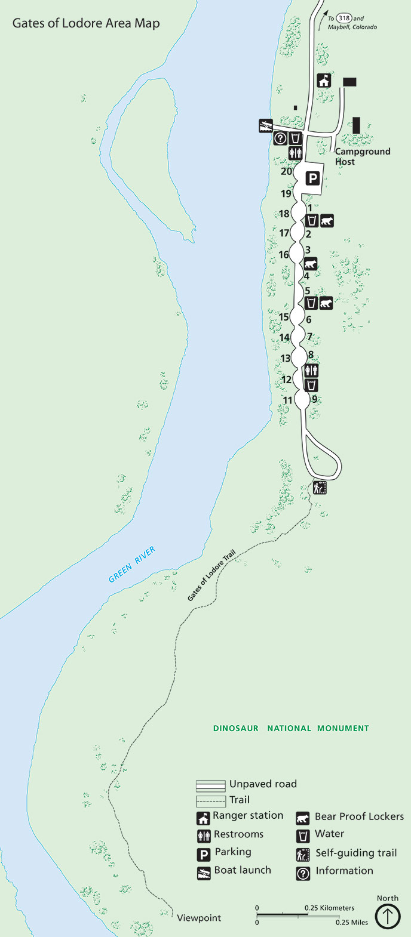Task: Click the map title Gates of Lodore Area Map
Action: click(x=86, y=24)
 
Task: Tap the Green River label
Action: click(x=132, y=565)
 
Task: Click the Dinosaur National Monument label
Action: click(x=291, y=728)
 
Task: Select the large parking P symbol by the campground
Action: click(x=312, y=178)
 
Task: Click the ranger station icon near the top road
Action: click(x=324, y=81)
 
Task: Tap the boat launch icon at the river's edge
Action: click(x=266, y=125)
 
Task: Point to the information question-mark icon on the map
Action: click(x=280, y=139)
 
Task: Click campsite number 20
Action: click(x=286, y=172)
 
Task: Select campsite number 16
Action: click(x=283, y=255)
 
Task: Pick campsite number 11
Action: click(x=288, y=400)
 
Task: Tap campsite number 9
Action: click(x=314, y=399)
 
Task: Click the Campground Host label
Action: click(x=362, y=156)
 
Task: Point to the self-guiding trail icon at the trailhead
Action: click(x=320, y=488)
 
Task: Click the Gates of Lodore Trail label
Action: click(x=212, y=575)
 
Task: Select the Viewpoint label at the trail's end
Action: click(x=199, y=918)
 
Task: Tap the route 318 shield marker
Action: click(x=343, y=19)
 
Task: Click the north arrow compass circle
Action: click(x=387, y=916)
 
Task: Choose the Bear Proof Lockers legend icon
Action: click(x=303, y=817)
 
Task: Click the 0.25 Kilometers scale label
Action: click(x=329, y=908)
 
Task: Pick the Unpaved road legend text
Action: click(x=263, y=784)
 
